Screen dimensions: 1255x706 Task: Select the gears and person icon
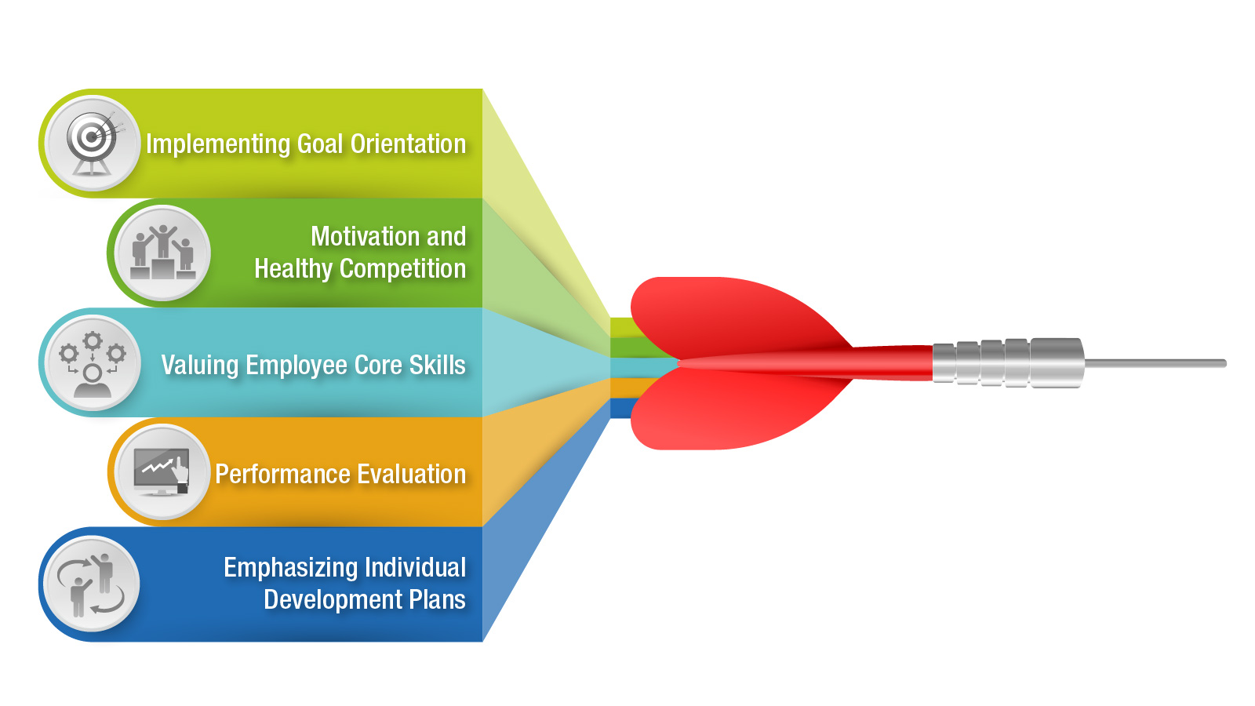pyautogui.click(x=93, y=364)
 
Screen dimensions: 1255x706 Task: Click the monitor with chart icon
pyautogui.click(x=162, y=471)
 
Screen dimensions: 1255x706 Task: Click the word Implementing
pyautogui.click(x=219, y=144)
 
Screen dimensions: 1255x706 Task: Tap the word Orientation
pyautogui.click(x=408, y=144)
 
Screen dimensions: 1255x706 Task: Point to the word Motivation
pyautogui.click(x=366, y=236)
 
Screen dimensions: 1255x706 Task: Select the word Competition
pyautogui.click(x=403, y=270)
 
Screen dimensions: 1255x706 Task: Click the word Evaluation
pyautogui.click(x=412, y=475)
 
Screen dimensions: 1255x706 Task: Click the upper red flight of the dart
pyautogui.click(x=740, y=317)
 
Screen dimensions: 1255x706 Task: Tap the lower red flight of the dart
pyautogui.click(x=740, y=412)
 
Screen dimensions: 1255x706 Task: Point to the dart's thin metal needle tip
pyautogui.click(x=1226, y=364)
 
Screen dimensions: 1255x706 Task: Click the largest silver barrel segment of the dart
pyautogui.click(x=1057, y=362)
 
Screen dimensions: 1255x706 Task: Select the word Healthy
pyautogui.click(x=293, y=270)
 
